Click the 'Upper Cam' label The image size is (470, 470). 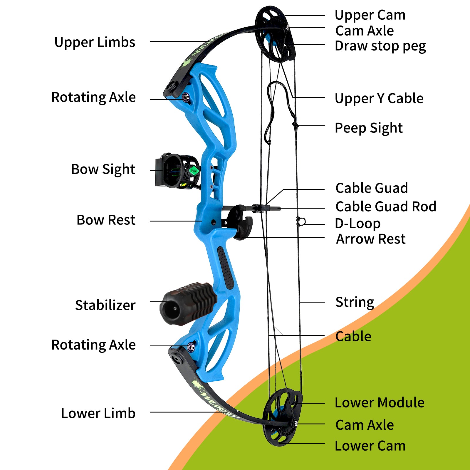[370, 15]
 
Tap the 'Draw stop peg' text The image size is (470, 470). [380, 46]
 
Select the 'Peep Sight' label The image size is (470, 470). [369, 128]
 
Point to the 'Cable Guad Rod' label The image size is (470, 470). [386, 207]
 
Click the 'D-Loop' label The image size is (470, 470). [358, 224]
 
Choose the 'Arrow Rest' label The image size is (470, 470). [371, 239]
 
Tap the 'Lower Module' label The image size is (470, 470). [380, 402]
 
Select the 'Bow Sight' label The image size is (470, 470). [103, 169]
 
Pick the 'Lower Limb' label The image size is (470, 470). [98, 413]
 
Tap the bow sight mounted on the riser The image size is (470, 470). [178, 171]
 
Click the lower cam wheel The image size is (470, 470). [282, 417]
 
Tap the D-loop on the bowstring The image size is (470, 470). [301, 222]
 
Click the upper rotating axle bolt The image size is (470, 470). [186, 97]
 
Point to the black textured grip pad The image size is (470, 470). [226, 268]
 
